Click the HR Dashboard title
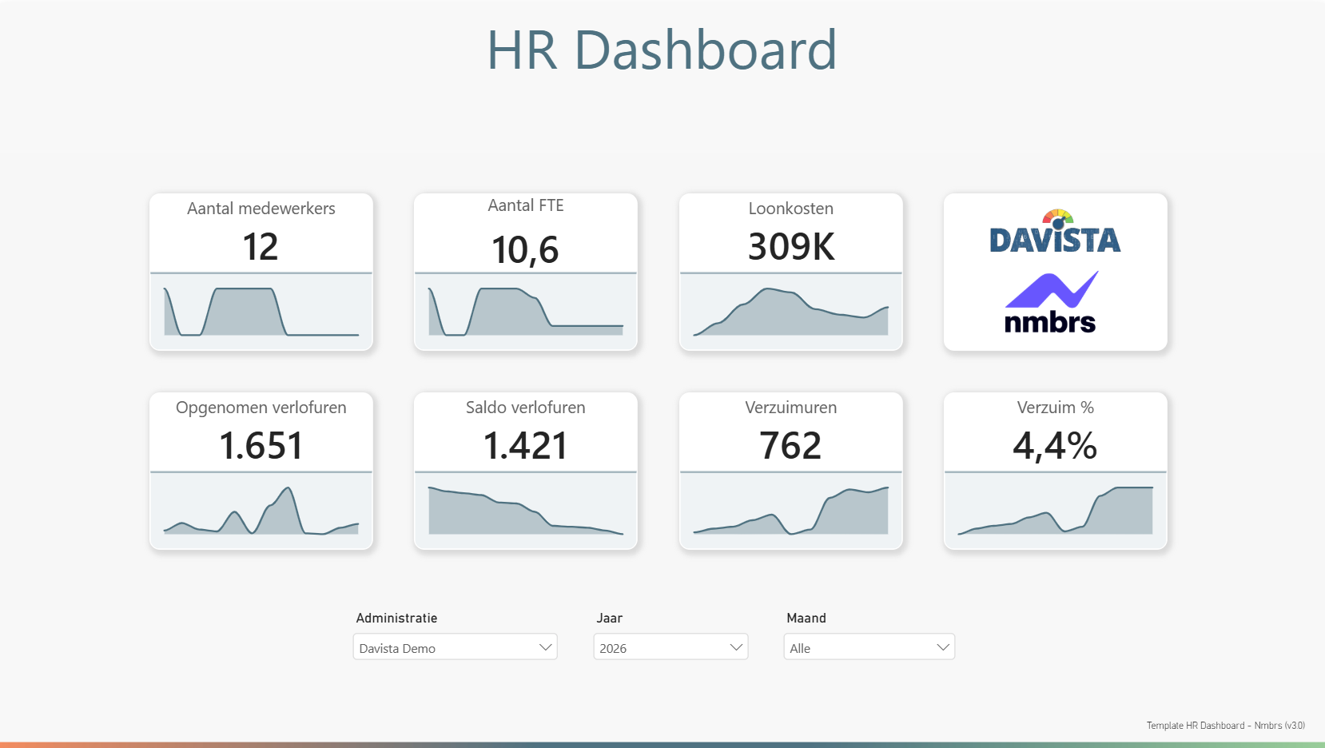pos(662,50)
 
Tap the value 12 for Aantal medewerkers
pos(261,247)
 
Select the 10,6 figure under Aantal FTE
pos(525,250)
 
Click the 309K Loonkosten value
pos(791,247)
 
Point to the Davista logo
pos(1055,232)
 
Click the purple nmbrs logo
pos(1051,302)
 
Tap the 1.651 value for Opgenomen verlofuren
pos(261,445)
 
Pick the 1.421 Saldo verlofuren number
pos(525,445)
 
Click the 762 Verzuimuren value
pos(790,445)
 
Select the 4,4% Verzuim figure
pos(1055,445)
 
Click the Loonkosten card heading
pos(791,208)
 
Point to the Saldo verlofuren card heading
pos(525,408)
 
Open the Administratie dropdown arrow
pos(545,647)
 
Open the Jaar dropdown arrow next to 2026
pos(736,647)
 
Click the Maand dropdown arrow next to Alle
pos(943,647)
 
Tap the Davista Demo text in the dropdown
pos(397,649)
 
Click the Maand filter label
pos(806,618)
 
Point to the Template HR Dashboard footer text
pos(1226,726)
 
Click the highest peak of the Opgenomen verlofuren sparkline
pos(288,487)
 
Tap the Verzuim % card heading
pos(1055,408)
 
